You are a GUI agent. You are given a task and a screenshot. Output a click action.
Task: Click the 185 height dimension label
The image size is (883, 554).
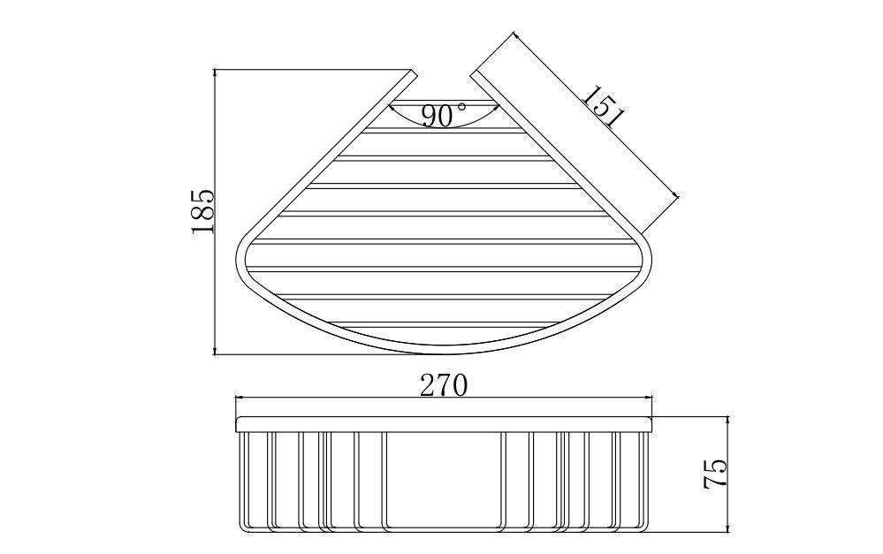point(202,211)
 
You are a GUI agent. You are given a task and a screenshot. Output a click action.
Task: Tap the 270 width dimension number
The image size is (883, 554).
point(444,386)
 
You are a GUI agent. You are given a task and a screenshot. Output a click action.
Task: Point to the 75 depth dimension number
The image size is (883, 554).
point(716,474)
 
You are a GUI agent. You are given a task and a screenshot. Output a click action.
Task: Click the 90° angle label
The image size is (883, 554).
point(444,116)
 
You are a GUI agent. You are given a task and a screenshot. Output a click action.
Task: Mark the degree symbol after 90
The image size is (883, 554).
point(461,106)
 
